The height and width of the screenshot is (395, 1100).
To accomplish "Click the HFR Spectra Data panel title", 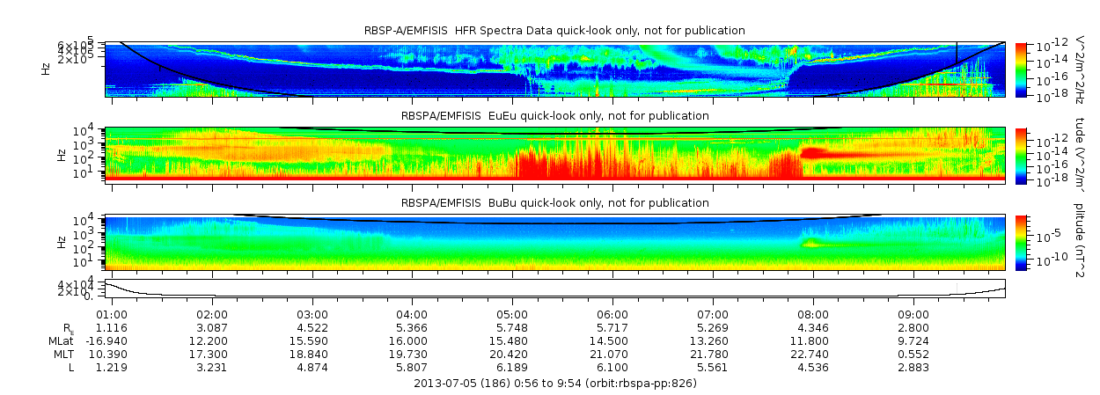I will pyautogui.click(x=555, y=31).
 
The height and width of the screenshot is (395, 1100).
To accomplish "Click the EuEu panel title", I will pyautogui.click(x=555, y=116).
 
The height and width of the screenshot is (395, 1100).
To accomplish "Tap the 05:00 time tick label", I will pyautogui.click(x=512, y=314).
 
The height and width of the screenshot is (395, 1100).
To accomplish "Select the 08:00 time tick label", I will pyautogui.click(x=812, y=314).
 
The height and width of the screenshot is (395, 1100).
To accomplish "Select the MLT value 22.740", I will pyautogui.click(x=812, y=354).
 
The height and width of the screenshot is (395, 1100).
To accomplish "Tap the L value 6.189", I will pyautogui.click(x=512, y=367).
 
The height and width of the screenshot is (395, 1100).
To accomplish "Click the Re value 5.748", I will pyautogui.click(x=512, y=327).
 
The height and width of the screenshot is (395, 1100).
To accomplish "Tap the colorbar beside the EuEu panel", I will pyautogui.click(x=1021, y=154).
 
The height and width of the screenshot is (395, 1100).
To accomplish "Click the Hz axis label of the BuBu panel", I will pyautogui.click(x=61, y=241).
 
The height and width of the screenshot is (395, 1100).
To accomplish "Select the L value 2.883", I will pyautogui.click(x=913, y=367).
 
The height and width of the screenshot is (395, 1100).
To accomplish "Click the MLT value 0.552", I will pyautogui.click(x=913, y=354).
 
